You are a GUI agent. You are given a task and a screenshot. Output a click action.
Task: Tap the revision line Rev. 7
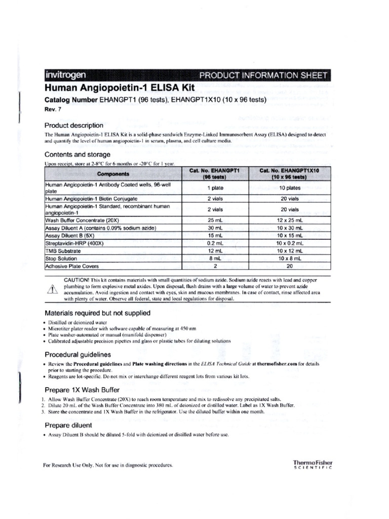(x=53, y=109)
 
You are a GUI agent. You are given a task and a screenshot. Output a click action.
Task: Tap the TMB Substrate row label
(x=63, y=251)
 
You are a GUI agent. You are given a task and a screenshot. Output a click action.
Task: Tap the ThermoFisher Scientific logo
(x=313, y=464)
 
